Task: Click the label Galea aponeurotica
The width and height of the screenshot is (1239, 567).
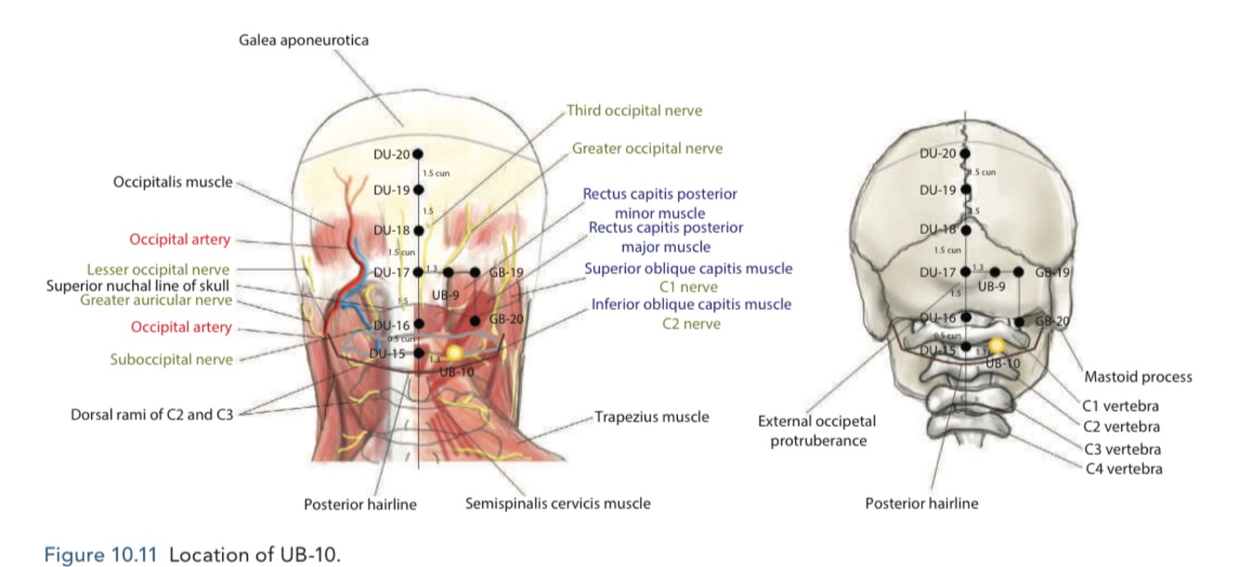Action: pos(304,40)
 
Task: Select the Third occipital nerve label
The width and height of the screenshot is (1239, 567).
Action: pos(634,110)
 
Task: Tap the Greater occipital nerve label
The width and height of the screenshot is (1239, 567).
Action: pos(647,148)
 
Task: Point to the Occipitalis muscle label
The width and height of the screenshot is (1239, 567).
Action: pos(173,182)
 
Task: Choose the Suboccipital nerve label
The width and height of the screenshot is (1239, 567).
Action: pos(171,359)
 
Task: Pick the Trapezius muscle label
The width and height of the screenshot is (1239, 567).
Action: pos(651,417)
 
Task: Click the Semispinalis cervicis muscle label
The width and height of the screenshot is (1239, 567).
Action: pos(557,503)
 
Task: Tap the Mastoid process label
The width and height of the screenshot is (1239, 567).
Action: pos(1138,377)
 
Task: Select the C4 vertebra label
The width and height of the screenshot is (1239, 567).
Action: pos(1124,469)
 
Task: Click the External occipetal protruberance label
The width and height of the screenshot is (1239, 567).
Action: pos(817,431)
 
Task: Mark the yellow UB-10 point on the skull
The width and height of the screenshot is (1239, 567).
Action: pos(997,345)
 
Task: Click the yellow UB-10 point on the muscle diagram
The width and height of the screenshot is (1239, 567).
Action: pos(454,353)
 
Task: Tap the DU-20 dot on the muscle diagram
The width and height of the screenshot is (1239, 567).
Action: pos(418,154)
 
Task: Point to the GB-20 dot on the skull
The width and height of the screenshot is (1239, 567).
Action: pos(1020,321)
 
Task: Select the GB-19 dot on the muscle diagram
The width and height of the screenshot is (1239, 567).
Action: pos(475,272)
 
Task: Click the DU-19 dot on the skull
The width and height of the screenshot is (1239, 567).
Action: pos(966,189)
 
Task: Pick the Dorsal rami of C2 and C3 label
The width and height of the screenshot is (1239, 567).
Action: pos(152,415)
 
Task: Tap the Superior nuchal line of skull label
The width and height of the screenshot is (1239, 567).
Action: pos(137,286)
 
